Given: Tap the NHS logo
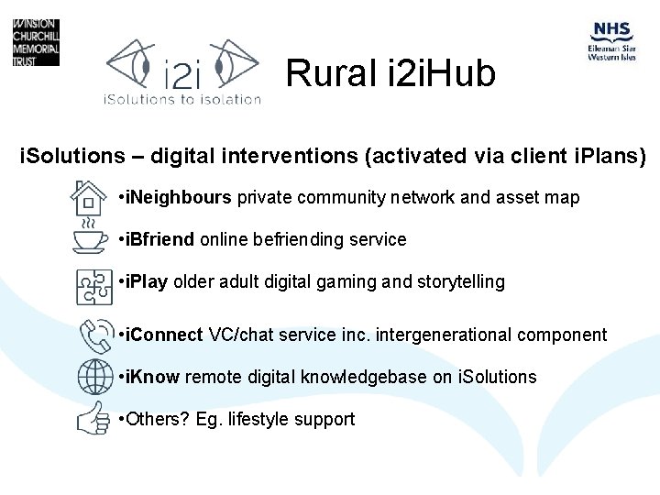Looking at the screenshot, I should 611,41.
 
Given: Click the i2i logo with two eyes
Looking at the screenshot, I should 182,71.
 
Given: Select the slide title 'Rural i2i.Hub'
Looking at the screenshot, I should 390,73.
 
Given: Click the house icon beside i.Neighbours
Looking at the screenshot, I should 90,197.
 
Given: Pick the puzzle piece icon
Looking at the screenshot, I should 90,284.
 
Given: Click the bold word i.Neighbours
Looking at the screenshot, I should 181,198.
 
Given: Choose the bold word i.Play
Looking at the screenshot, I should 148,282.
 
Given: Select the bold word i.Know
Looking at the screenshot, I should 155,378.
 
